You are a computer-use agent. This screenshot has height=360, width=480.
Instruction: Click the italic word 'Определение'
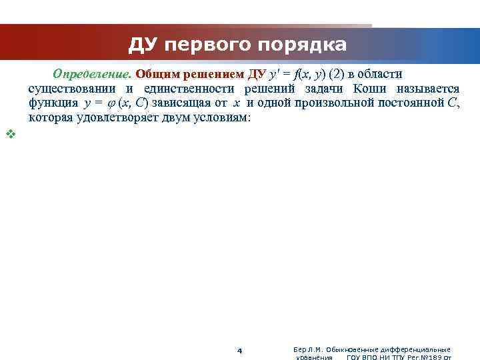click(x=92, y=73)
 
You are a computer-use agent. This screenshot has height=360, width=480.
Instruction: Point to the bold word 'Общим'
click(x=155, y=73)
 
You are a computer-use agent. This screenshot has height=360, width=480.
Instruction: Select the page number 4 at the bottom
click(x=240, y=351)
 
